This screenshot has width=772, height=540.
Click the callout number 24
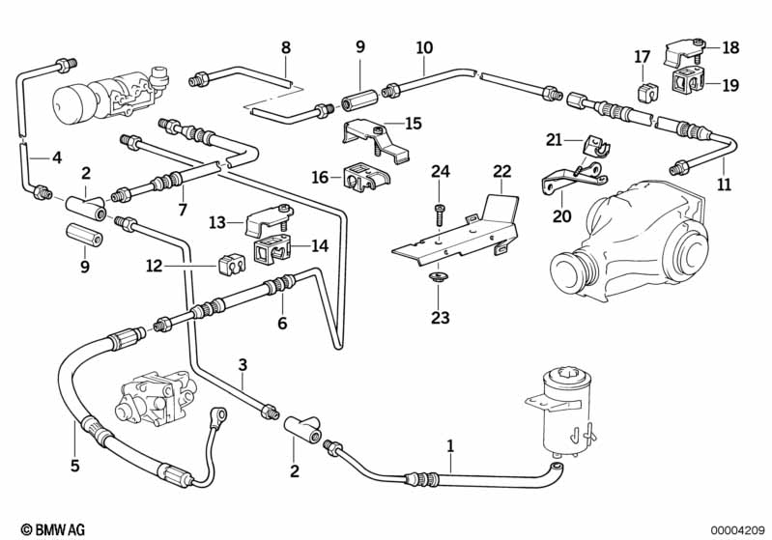pos(441,172)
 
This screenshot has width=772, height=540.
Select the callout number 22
pos(501,172)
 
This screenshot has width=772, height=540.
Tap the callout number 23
pos(440,316)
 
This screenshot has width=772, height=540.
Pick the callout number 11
pos(725,185)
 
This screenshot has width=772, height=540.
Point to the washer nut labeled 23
pos(440,280)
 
